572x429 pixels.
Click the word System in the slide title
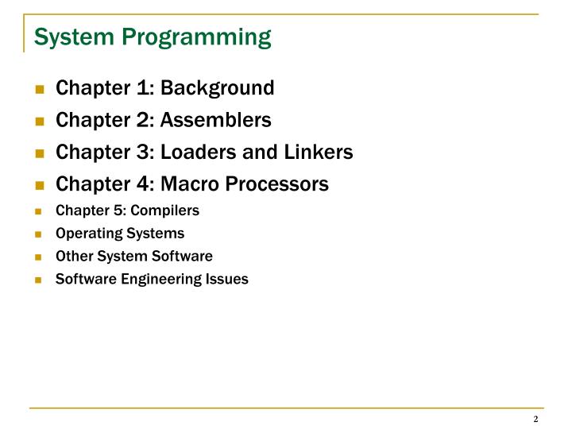coord(70,37)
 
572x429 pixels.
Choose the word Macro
coord(190,184)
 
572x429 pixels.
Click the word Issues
coord(229,280)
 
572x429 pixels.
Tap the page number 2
coord(535,419)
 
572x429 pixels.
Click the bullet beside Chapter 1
coord(40,89)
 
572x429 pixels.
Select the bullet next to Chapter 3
coord(40,153)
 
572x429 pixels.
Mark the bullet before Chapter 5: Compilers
coord(40,212)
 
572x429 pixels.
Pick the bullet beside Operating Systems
coord(40,234)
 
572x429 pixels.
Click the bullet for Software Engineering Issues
coord(40,280)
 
